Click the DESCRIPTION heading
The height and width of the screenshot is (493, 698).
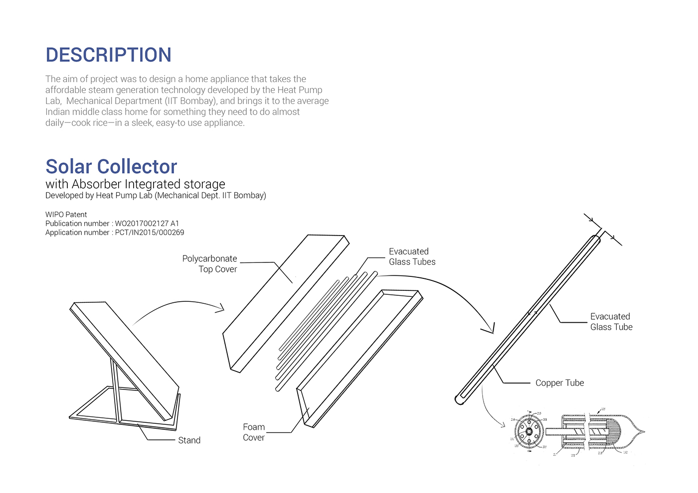(108, 55)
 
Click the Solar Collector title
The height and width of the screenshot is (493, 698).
(111, 166)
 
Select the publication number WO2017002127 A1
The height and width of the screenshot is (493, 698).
(147, 224)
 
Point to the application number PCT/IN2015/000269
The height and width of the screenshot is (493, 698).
(149, 233)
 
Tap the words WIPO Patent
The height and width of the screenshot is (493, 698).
(66, 215)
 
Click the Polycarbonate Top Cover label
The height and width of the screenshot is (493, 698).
(210, 264)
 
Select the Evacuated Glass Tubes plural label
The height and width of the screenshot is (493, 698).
(412, 257)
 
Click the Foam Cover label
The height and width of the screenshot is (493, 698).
(254, 432)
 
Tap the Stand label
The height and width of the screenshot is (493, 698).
(189, 440)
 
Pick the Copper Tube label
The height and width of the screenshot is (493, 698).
(559, 383)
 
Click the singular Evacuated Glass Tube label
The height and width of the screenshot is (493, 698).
(611, 322)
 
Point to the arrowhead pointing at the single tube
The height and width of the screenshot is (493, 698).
(489, 329)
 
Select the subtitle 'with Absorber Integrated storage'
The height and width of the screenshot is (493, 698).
(135, 184)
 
